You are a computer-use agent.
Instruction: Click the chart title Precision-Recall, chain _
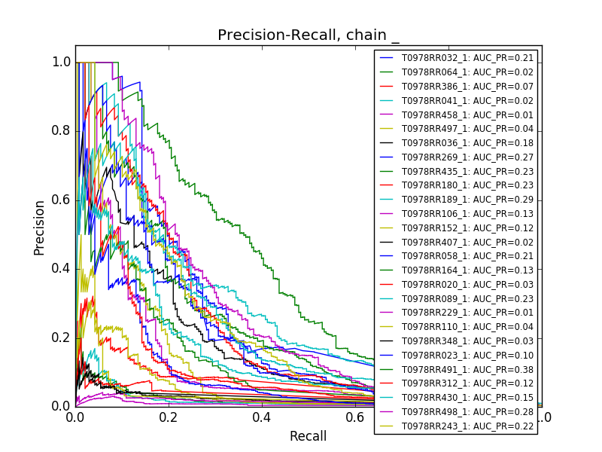coord(309,35)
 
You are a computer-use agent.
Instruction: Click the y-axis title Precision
coord(39,227)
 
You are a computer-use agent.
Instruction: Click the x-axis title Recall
coord(309,436)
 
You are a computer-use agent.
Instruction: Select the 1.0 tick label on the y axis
coord(62,63)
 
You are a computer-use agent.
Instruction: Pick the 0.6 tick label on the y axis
coord(62,200)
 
